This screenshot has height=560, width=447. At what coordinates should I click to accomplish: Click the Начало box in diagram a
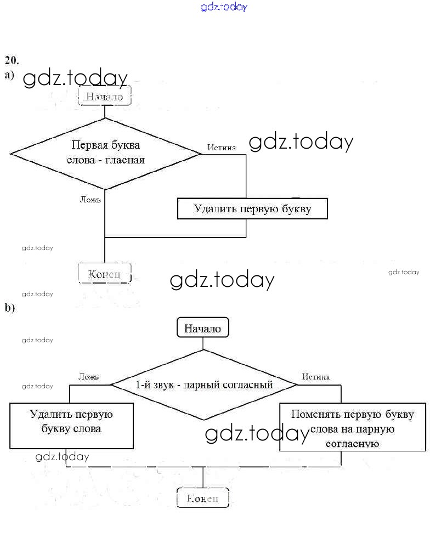click(x=105, y=96)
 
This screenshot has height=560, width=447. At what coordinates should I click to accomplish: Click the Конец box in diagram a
click(x=105, y=273)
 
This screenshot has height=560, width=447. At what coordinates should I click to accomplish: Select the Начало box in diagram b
click(x=202, y=329)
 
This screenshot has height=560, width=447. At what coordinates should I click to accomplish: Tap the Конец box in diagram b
click(x=202, y=498)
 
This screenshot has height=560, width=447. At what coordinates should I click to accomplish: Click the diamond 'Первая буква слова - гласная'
click(x=105, y=154)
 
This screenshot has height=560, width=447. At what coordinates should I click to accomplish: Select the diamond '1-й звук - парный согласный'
click(x=204, y=384)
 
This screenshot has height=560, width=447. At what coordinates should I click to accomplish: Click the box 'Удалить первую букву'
click(x=252, y=209)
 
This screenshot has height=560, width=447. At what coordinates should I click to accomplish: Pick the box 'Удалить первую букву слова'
click(x=71, y=425)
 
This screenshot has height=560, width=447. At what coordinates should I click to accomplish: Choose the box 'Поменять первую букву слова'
click(x=352, y=427)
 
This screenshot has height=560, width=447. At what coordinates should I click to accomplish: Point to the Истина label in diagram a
click(x=222, y=147)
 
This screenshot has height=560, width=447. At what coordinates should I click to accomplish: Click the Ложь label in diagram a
click(x=90, y=200)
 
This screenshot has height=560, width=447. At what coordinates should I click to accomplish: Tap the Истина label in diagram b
click(x=316, y=377)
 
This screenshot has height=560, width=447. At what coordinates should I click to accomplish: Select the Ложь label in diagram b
click(x=88, y=377)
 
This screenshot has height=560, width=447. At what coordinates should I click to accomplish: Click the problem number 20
click(x=12, y=60)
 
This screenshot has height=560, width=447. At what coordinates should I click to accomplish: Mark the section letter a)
click(x=9, y=75)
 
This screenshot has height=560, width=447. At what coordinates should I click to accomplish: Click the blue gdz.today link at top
click(x=224, y=7)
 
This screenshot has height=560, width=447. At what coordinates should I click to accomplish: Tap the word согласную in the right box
click(x=352, y=443)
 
